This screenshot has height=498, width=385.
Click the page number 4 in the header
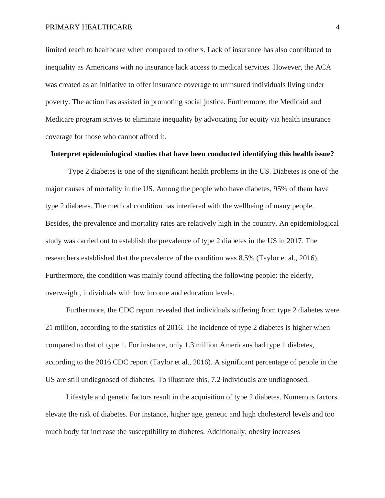tap(338, 27)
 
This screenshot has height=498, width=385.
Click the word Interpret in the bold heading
tap(66, 154)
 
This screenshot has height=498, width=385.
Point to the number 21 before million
tap(49, 328)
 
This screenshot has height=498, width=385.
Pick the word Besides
tap(57, 223)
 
